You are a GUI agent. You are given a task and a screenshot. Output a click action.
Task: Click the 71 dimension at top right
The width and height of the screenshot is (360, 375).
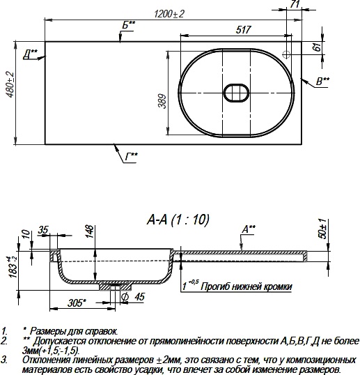[x=295, y=5]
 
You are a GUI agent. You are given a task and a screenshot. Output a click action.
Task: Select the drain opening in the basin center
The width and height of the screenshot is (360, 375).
[x=236, y=93]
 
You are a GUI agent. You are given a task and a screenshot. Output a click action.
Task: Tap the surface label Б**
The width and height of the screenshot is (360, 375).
[x=128, y=25]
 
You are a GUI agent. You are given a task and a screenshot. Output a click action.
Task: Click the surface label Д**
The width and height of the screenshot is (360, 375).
[x=29, y=52]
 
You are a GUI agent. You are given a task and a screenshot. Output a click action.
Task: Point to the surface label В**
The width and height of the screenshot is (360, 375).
[x=322, y=82]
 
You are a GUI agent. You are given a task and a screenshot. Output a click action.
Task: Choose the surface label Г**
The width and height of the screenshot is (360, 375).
[x=131, y=155]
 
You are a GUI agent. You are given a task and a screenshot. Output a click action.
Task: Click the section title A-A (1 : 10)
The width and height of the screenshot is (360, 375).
[x=178, y=219]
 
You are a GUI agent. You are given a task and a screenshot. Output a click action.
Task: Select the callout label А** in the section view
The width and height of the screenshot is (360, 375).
[x=248, y=228]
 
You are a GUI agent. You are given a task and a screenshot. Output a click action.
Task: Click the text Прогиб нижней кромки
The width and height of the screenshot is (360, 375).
[x=245, y=286]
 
